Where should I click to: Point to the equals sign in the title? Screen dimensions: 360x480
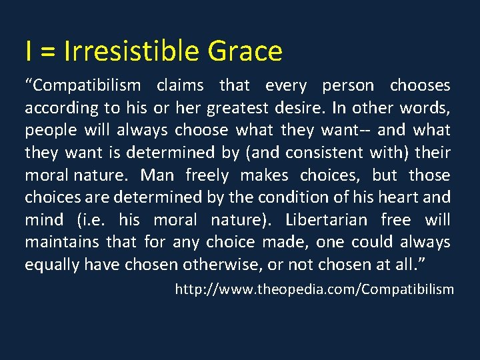pyautogui.click(x=49, y=52)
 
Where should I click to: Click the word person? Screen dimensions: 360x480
pyautogui.click(x=348, y=85)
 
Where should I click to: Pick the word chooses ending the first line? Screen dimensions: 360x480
pyautogui.click(x=420, y=85)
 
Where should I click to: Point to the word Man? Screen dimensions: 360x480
pyautogui.click(x=157, y=175)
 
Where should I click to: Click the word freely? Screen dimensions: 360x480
pyautogui.click(x=207, y=175)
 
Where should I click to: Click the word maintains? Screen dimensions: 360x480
pyautogui.click(x=56, y=242)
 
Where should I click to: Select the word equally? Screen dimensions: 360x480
pyautogui.click(x=51, y=265)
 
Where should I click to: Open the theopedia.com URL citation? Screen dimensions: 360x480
pyautogui.click(x=314, y=289)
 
